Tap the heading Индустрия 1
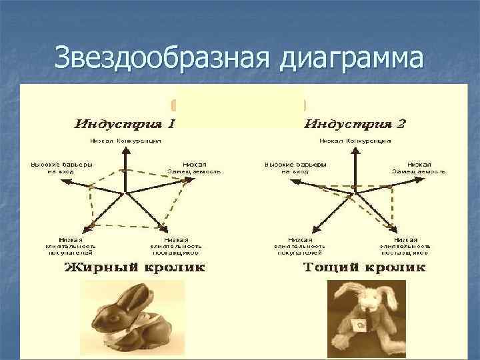tap(125, 124)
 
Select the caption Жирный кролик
tap(133, 268)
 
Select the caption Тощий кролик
tap(364, 268)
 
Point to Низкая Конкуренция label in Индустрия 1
tap(125, 141)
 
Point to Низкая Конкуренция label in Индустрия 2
tap(355, 141)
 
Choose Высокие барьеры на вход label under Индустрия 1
tap(61, 167)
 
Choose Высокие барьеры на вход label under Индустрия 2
tap(295, 167)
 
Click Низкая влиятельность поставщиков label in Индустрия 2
tap(405, 246)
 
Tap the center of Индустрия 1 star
tap(125, 193)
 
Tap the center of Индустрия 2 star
tap(355, 193)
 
